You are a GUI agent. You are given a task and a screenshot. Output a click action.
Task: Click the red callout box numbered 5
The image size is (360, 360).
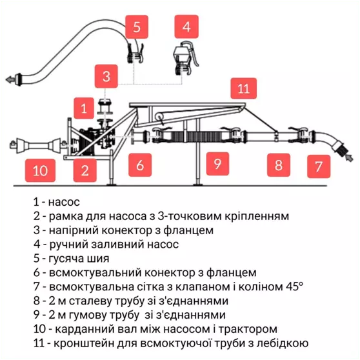point(137,27)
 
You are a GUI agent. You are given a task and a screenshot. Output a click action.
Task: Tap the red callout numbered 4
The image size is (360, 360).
point(186,26)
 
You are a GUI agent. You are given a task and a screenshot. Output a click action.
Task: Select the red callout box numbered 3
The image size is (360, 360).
point(106,76)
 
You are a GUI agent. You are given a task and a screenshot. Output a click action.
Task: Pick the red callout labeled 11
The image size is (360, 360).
point(244,88)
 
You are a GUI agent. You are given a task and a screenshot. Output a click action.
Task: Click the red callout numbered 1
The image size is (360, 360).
point(84,108)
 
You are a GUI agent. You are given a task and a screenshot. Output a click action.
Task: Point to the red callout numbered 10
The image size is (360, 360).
point(40,170)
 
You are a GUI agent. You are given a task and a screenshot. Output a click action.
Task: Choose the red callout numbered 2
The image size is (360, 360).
point(85,170)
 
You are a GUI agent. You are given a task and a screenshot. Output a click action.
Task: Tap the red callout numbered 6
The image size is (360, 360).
point(140,165)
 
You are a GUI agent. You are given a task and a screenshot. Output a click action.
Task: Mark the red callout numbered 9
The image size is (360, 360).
point(217,164)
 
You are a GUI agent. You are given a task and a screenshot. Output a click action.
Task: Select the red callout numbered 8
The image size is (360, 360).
point(279,165)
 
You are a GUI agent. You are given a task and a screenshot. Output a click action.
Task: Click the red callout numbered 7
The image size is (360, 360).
point(319,166)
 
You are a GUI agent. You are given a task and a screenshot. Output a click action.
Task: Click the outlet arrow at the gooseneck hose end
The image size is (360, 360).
point(10,79)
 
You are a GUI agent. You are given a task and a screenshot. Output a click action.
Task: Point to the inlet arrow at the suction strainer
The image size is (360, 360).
point(349,158)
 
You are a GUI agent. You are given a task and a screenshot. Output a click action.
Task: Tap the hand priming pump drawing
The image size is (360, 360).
point(186,58)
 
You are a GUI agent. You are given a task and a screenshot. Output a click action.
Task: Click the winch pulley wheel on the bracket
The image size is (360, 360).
point(159,117)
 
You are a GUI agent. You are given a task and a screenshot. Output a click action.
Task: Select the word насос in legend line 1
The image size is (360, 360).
point(64,202)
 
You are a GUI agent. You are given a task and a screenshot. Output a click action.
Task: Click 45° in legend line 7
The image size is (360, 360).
point(295,286)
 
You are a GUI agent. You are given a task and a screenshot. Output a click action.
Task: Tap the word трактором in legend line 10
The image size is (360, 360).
point(248,329)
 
